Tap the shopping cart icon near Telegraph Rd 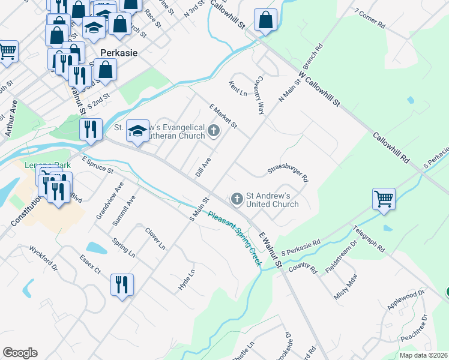click(x=384, y=198)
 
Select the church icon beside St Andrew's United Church click(x=237, y=198)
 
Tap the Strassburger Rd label click(x=288, y=173)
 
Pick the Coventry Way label click(x=258, y=95)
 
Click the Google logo click(x=20, y=353)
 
